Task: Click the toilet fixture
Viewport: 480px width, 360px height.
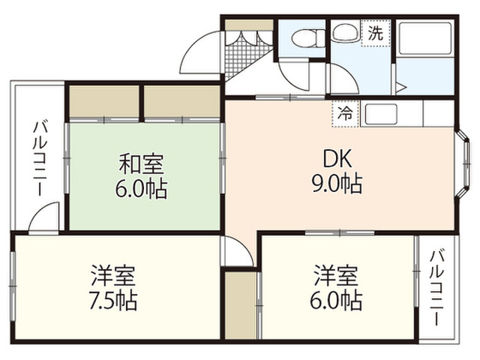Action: [308, 38]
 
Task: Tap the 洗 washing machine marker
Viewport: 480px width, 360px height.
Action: [376, 33]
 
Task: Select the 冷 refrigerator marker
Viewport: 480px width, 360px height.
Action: [345, 114]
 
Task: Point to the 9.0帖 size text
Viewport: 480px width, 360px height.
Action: [337, 184]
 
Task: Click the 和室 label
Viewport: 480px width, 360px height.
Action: [142, 163]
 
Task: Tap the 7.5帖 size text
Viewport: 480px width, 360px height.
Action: [112, 300]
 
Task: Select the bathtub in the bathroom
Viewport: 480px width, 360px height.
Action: [425, 39]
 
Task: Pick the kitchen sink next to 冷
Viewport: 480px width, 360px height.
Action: [382, 113]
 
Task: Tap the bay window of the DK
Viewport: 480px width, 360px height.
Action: [462, 163]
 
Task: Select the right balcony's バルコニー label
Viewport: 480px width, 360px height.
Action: [437, 288]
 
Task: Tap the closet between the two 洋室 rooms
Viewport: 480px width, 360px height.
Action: [240, 305]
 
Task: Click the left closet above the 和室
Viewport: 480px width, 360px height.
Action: [103, 101]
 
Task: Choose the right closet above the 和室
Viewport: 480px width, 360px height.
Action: [181, 101]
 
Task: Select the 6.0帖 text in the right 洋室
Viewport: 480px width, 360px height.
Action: [336, 300]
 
